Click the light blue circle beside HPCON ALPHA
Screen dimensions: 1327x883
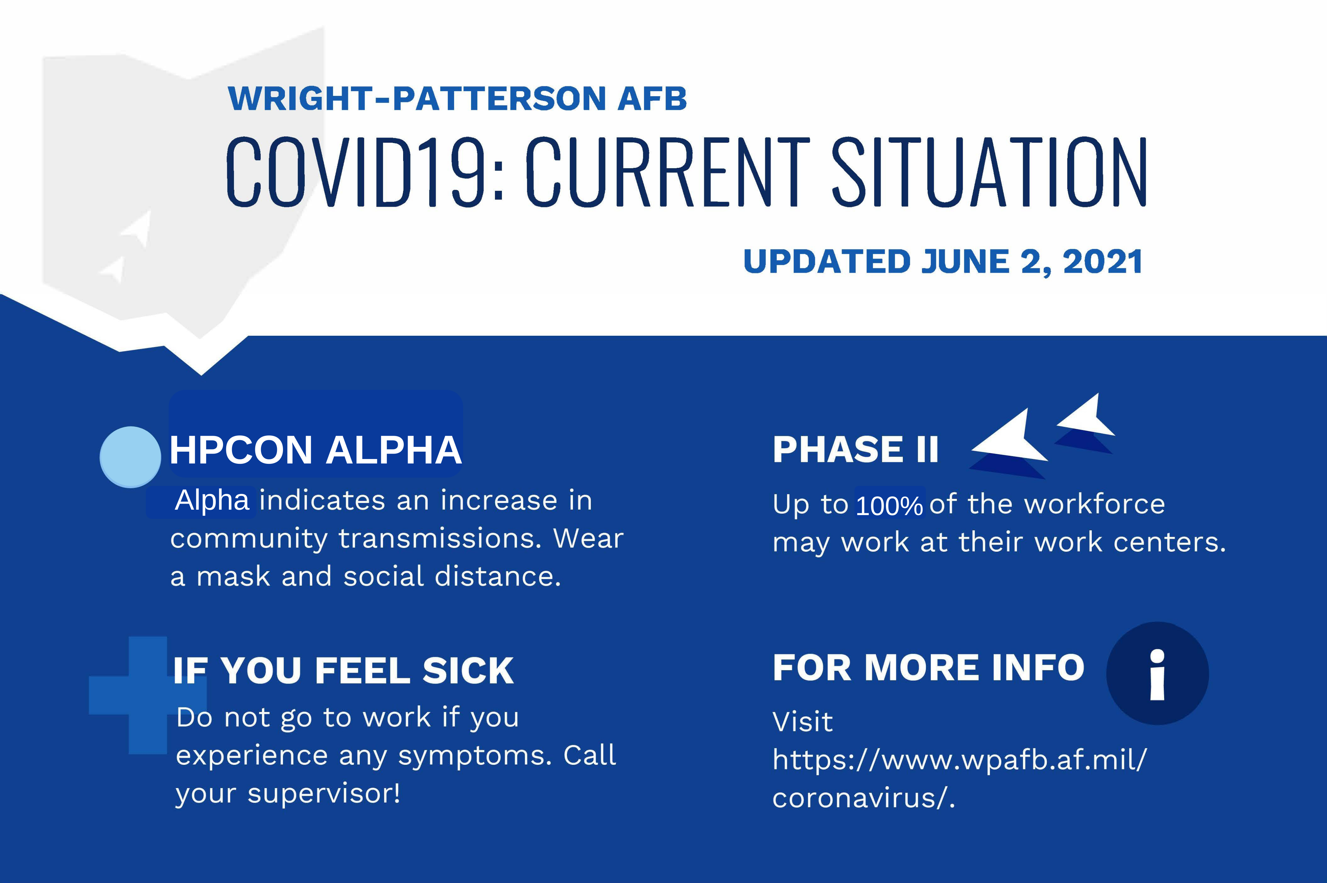coord(130,457)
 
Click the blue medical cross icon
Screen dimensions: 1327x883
coord(148,695)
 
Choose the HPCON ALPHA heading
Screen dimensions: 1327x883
coord(315,450)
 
